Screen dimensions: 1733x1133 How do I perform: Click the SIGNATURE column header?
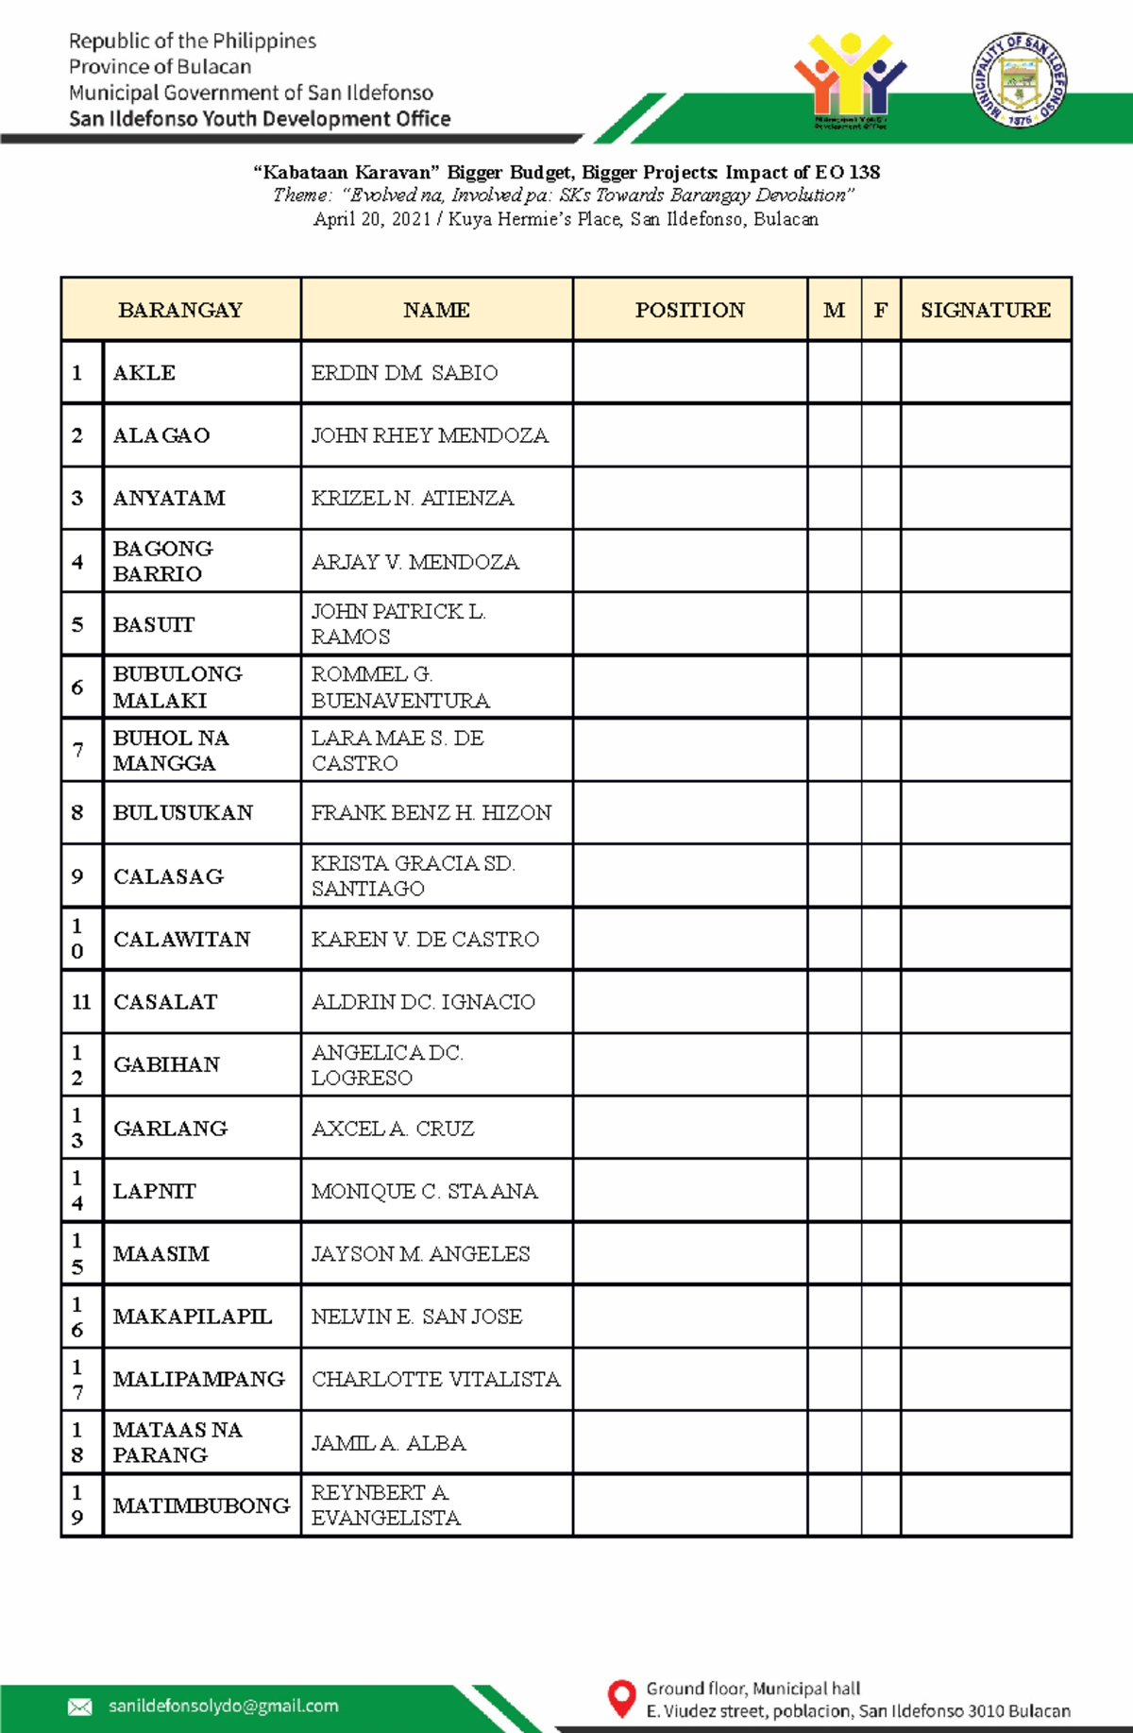click(x=985, y=310)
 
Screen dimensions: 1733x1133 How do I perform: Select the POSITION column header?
click(x=689, y=310)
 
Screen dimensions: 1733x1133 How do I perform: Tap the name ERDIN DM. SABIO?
click(x=404, y=373)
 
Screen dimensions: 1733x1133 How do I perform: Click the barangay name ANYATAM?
click(x=169, y=498)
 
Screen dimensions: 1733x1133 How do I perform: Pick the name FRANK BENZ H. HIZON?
click(x=431, y=813)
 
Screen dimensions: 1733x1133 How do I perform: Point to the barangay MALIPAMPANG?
click(x=198, y=1379)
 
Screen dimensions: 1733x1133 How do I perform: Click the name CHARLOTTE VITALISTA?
click(x=435, y=1379)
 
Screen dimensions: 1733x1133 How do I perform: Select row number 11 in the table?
click(x=81, y=1002)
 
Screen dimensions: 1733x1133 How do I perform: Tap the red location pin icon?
click(x=620, y=1697)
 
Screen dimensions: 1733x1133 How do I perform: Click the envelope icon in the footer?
click(x=80, y=1707)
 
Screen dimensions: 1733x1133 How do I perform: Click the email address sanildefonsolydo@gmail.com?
click(x=223, y=1706)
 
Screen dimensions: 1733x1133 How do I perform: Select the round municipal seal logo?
click(x=1020, y=79)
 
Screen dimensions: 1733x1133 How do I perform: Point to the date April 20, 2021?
click(x=371, y=219)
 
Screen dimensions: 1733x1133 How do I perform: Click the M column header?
click(x=834, y=310)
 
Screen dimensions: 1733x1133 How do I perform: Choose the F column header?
click(x=880, y=310)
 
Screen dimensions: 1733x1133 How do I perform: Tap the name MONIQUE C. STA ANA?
click(x=424, y=1192)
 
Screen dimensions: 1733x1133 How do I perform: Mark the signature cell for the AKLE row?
click(x=986, y=373)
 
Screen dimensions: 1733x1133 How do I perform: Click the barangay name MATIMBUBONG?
click(x=201, y=1505)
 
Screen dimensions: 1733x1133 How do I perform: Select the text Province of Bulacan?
click(x=160, y=67)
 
